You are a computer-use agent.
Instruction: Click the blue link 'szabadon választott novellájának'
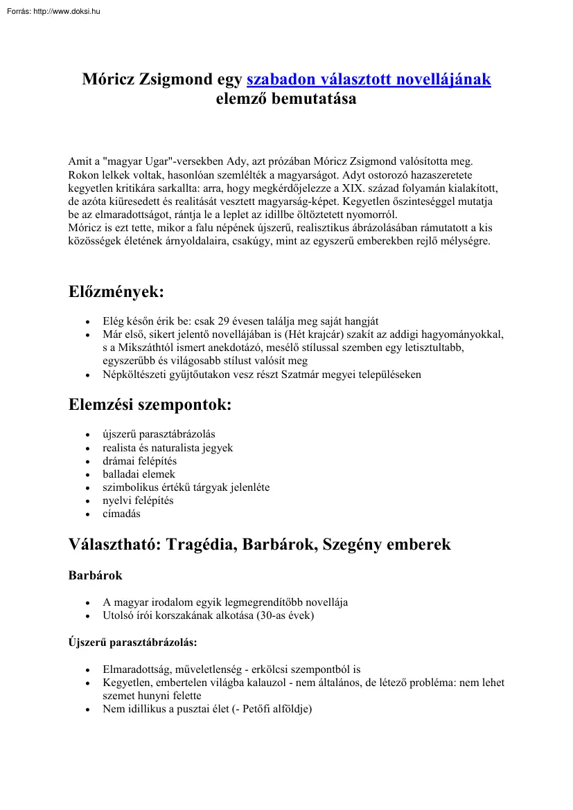369,80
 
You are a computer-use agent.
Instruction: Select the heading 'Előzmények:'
116,292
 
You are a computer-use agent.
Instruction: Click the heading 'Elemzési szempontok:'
150,405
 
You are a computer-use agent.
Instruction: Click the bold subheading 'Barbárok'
95,576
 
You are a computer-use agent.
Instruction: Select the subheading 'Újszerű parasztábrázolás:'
132,642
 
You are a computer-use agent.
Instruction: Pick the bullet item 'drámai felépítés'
139,461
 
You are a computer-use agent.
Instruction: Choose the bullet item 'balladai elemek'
139,474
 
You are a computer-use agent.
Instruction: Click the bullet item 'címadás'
123,514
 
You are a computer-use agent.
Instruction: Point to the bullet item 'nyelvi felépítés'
138,501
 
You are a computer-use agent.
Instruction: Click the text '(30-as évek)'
285,615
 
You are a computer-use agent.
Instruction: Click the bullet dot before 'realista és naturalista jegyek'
87,449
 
